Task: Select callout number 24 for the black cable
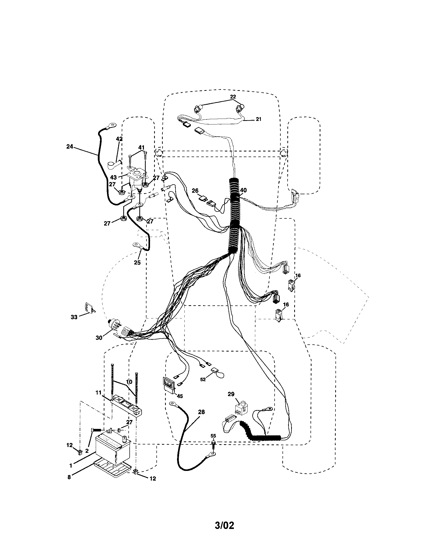point(70,147)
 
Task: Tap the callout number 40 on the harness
point(243,190)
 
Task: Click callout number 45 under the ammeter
point(180,396)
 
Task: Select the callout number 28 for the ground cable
point(201,412)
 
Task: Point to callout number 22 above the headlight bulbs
point(233,97)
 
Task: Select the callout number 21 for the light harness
point(258,119)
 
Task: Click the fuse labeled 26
point(201,198)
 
